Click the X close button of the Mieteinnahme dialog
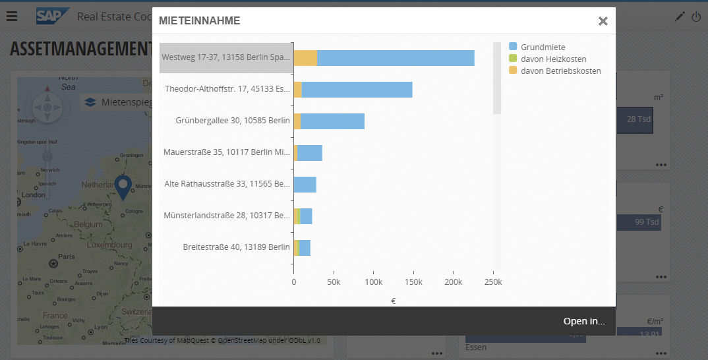603,21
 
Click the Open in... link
583,321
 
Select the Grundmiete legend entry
543,47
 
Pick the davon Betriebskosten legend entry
560,71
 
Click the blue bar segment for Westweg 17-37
396,58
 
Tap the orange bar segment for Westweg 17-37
305,58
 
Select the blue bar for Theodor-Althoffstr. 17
357,90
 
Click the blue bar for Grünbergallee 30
332,121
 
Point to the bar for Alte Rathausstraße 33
305,185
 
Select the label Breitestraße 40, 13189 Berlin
236,247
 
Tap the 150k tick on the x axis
413,282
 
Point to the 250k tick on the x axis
493,282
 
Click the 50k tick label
334,282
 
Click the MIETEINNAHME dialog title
199,21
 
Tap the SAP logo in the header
53,16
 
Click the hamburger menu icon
12,16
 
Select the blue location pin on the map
123,186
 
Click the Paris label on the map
66,256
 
